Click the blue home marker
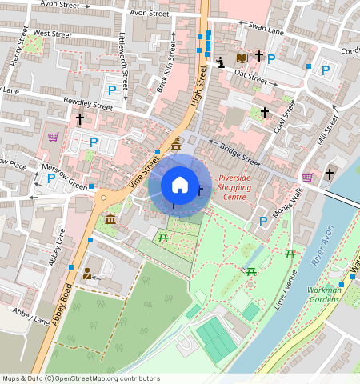point(180,185)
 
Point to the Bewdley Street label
point(88,105)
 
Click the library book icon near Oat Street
point(242,58)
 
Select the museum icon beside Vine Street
point(110,219)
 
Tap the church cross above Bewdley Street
point(79,119)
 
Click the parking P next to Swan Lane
point(271,58)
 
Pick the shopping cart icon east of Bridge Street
point(308,177)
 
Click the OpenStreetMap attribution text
point(80,378)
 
